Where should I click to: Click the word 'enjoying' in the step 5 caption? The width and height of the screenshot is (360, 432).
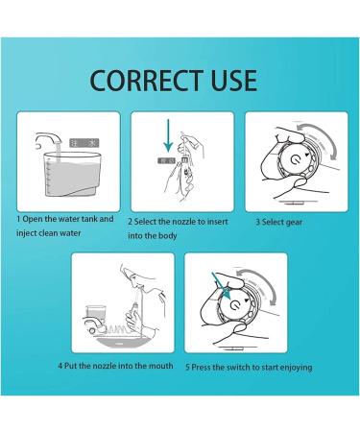289,367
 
